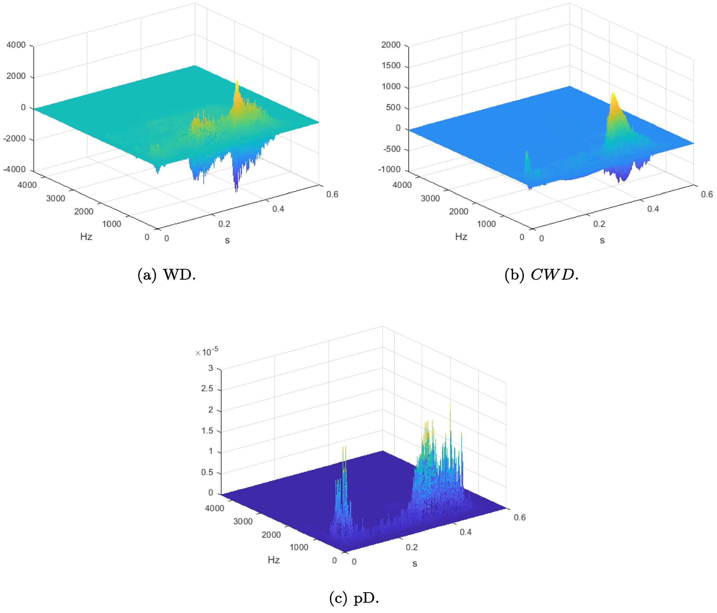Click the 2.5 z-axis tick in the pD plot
(207, 389)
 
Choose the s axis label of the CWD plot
(602, 240)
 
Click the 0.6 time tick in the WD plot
(332, 194)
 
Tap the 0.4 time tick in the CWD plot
(653, 209)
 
